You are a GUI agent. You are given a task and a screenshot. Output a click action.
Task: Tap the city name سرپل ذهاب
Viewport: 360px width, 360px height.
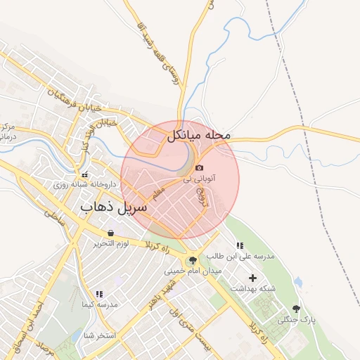(x=114, y=209)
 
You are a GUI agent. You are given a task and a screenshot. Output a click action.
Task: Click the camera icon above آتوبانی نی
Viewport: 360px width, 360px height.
(x=200, y=168)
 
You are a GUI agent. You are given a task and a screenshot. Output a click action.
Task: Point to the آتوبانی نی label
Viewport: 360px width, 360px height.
(x=200, y=179)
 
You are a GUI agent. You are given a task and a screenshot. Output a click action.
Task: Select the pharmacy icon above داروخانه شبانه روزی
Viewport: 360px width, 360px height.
(x=84, y=174)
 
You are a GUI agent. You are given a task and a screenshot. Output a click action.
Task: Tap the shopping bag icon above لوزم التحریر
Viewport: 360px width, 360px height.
(x=110, y=233)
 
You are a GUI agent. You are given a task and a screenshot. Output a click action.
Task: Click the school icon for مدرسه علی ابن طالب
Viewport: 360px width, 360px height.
(x=240, y=247)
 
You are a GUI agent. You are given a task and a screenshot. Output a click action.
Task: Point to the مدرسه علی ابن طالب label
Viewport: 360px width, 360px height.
(x=239, y=258)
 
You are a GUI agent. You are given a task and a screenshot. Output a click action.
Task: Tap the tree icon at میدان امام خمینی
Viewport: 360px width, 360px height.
(x=193, y=260)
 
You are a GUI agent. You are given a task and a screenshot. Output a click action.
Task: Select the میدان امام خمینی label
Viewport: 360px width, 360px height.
(x=193, y=271)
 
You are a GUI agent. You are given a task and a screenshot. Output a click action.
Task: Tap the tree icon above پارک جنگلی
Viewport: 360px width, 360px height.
(x=295, y=309)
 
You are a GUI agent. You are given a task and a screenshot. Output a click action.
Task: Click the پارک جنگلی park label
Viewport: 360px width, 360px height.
(x=295, y=320)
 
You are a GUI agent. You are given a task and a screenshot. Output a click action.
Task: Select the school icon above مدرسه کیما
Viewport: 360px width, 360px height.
(x=99, y=294)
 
